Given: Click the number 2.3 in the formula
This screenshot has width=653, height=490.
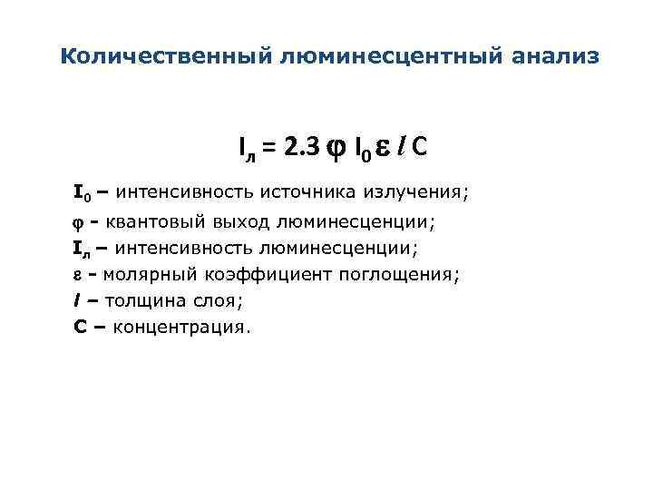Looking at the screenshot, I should point(301,147).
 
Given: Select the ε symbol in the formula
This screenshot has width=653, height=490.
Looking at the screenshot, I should point(383,149).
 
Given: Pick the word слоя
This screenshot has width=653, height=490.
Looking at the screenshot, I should point(220,299).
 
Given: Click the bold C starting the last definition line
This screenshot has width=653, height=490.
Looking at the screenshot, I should point(79,326).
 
